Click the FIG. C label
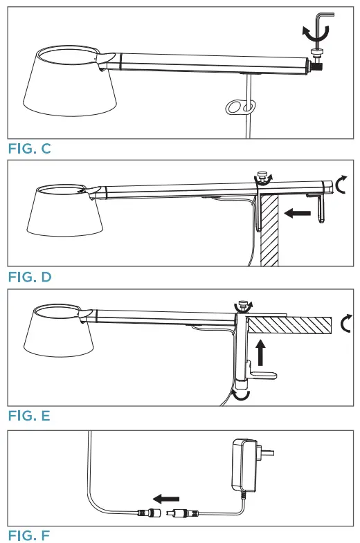29,149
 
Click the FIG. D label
29,277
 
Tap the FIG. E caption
29,416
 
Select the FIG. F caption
29,535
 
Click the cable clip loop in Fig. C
240,107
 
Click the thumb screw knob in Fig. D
262,177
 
